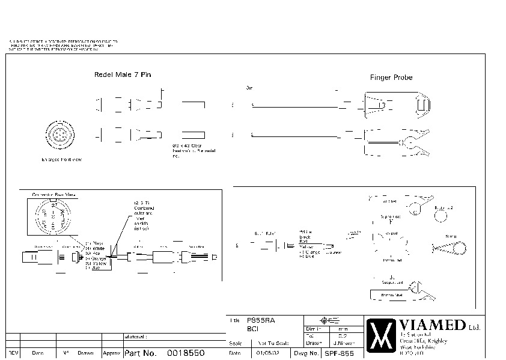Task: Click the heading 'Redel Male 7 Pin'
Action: point(123,75)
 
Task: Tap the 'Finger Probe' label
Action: point(391,78)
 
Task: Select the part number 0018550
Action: point(186,353)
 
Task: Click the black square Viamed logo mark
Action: point(381,334)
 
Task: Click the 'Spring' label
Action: point(450,236)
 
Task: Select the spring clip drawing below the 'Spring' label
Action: point(450,249)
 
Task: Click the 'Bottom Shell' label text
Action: point(392,294)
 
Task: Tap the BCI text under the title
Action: point(253,329)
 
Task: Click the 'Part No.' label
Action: point(140,353)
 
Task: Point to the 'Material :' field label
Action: point(136,337)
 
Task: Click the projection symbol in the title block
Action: point(327,320)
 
